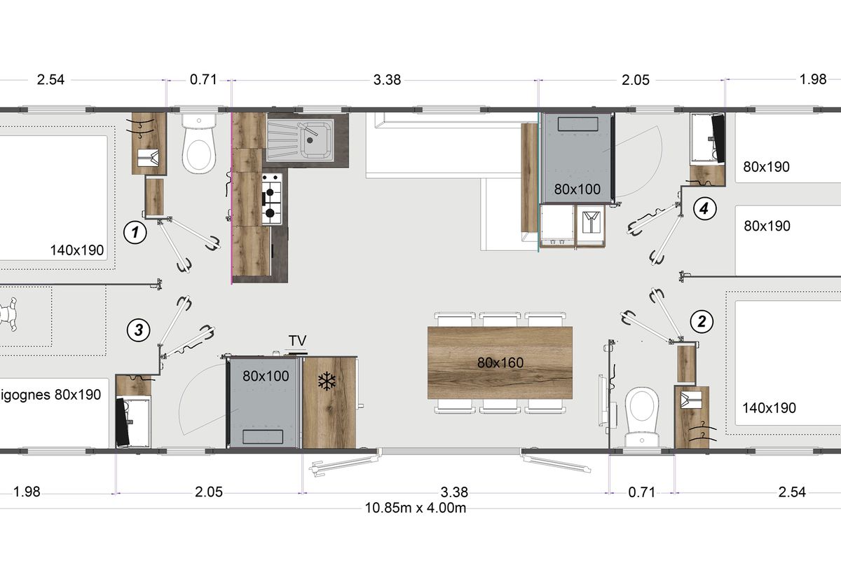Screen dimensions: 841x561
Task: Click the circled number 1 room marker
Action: pyautogui.click(x=135, y=232)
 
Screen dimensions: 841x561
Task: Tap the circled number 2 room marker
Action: pyautogui.click(x=702, y=322)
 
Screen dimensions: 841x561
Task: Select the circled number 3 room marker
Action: pyautogui.click(x=139, y=330)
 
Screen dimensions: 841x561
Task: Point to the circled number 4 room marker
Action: pyautogui.click(x=704, y=208)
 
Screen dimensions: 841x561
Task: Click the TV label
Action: pyautogui.click(x=297, y=340)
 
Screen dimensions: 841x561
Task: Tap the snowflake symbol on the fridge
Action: pyautogui.click(x=327, y=381)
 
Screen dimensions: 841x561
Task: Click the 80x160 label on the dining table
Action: pyautogui.click(x=500, y=363)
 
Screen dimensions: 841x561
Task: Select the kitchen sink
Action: pyautogui.click(x=301, y=140)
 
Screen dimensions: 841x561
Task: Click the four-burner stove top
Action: pyautogui.click(x=272, y=199)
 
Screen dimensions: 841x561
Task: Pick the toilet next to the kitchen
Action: pyautogui.click(x=199, y=143)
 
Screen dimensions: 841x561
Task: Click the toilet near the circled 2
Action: pyautogui.click(x=642, y=417)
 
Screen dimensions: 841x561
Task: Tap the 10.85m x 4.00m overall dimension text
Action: pyautogui.click(x=415, y=508)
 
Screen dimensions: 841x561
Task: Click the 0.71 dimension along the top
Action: pyautogui.click(x=203, y=80)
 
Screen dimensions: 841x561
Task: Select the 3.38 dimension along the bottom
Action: pyautogui.click(x=454, y=492)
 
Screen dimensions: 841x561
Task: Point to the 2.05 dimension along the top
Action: pyautogui.click(x=635, y=80)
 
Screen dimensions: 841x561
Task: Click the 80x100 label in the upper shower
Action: pyautogui.click(x=577, y=189)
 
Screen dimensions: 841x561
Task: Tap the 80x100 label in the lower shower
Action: pyautogui.click(x=266, y=376)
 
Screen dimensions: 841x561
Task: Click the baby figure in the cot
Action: pyautogui.click(x=8, y=314)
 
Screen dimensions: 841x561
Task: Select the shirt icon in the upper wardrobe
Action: pyautogui.click(x=591, y=222)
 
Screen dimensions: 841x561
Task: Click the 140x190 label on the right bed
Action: pyautogui.click(x=769, y=407)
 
